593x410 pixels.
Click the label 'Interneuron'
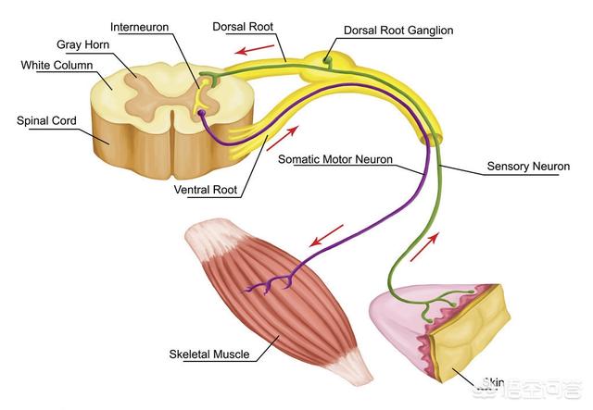coord(141,27)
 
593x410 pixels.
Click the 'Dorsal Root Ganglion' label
coord(398,31)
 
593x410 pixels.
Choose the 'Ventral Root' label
coord(205,191)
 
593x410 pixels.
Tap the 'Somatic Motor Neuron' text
coord(335,159)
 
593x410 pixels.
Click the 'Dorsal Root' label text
coord(248,27)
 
